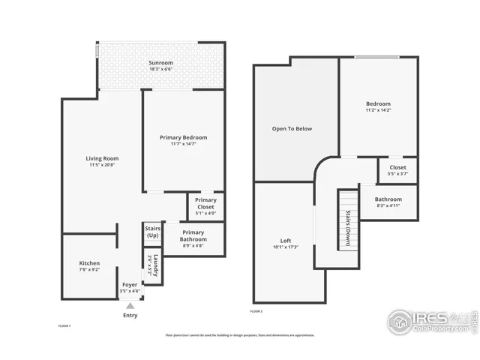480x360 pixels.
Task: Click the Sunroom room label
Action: (x=161, y=65)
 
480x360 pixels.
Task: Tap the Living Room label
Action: (x=102, y=161)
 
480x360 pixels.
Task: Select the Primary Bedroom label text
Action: (x=183, y=140)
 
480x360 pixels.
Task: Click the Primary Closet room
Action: (x=205, y=206)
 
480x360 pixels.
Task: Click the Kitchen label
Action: (x=89, y=266)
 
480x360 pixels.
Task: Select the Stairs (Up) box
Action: (x=152, y=233)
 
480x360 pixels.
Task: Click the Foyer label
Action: (x=130, y=286)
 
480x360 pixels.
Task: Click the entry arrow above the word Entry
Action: (x=130, y=305)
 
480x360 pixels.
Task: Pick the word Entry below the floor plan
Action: (x=130, y=315)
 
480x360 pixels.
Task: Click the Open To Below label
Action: (x=292, y=128)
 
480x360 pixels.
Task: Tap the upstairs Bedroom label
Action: (x=378, y=106)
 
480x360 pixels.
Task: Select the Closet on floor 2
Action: (x=397, y=170)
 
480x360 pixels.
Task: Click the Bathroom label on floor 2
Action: (x=388, y=202)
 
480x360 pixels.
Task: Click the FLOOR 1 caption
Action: (x=65, y=326)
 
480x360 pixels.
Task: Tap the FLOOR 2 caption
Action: (x=257, y=310)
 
